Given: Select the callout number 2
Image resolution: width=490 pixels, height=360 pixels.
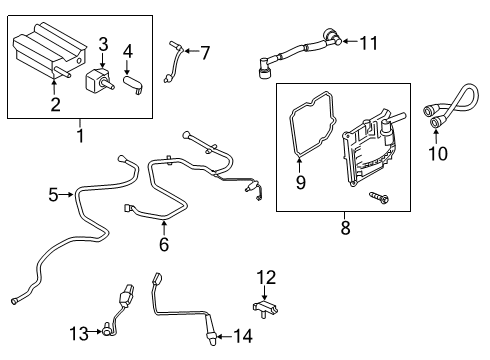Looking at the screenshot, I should pos(56,103).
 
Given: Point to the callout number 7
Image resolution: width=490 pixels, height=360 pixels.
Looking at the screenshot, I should pos(127,51).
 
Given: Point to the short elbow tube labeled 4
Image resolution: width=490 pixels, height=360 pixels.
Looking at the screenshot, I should pos(132,83).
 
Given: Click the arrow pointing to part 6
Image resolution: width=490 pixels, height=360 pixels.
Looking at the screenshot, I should pos(163,226).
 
